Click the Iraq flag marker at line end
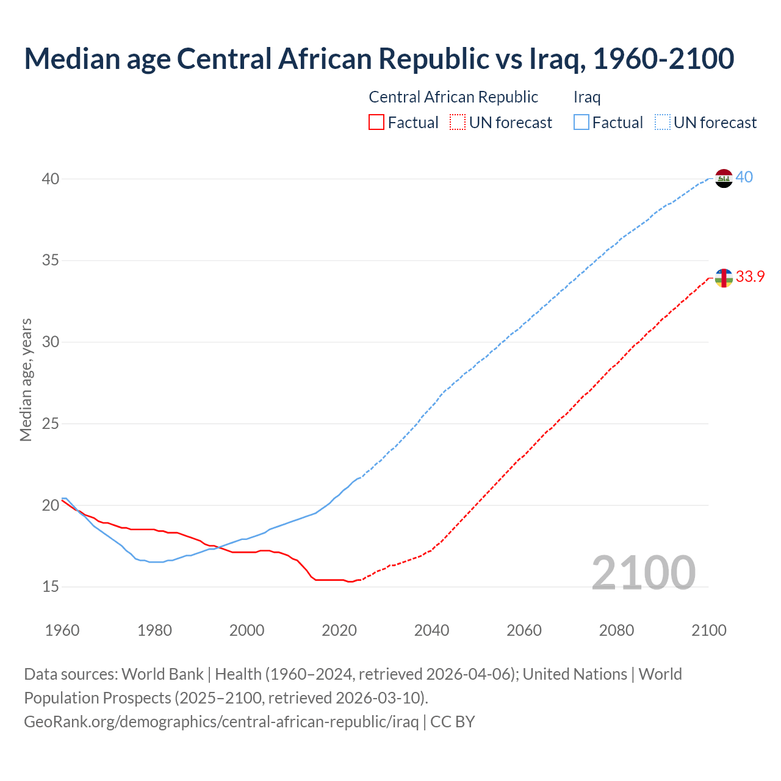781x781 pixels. click(724, 178)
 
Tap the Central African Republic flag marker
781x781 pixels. click(724, 278)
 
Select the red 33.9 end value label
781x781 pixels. click(750, 277)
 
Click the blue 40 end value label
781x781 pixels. click(744, 178)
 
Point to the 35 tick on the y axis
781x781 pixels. click(51, 261)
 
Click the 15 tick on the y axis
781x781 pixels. click(51, 587)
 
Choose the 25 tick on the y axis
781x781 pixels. click(51, 423)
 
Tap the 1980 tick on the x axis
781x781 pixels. click(154, 630)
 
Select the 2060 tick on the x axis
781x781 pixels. click(524, 630)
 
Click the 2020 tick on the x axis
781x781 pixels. click(339, 630)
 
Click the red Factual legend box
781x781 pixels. click(376, 122)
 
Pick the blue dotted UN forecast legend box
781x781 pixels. click(663, 122)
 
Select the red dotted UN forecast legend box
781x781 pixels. click(458, 122)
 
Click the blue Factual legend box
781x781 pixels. click(581, 122)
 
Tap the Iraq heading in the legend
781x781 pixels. click(587, 97)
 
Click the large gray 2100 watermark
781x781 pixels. click(644, 573)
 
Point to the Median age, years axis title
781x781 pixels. click(26, 380)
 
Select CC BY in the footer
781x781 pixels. click(453, 722)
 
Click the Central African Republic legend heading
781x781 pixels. click(453, 97)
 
